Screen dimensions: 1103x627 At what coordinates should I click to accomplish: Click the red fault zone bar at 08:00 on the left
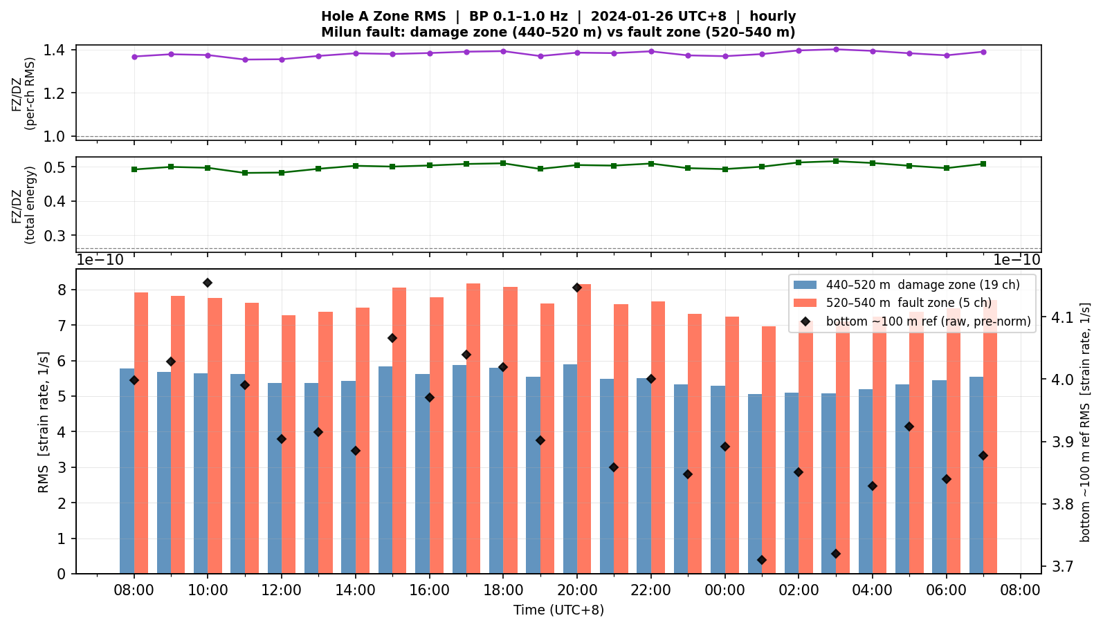pos(141,433)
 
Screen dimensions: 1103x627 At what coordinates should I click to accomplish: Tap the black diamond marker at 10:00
pos(208,283)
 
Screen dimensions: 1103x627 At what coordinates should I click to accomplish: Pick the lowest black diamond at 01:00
pos(762,560)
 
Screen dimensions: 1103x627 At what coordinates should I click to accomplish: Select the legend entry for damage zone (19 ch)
pos(906,285)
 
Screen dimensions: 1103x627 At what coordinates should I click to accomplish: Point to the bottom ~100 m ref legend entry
pos(915,321)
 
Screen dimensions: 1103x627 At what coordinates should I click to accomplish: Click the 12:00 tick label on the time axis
pos(282,590)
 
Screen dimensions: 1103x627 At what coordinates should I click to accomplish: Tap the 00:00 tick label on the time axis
pos(724,590)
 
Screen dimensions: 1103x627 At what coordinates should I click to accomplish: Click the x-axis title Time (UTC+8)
pos(558,610)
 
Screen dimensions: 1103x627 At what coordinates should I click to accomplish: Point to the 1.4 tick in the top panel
pos(54,50)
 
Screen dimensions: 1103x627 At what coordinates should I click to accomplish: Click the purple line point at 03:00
pos(836,49)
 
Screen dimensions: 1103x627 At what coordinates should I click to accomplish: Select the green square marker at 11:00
pos(245,173)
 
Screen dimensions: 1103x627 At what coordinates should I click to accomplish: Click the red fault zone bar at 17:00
pos(473,429)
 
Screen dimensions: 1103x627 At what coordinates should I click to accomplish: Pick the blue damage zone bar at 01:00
pos(755,484)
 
